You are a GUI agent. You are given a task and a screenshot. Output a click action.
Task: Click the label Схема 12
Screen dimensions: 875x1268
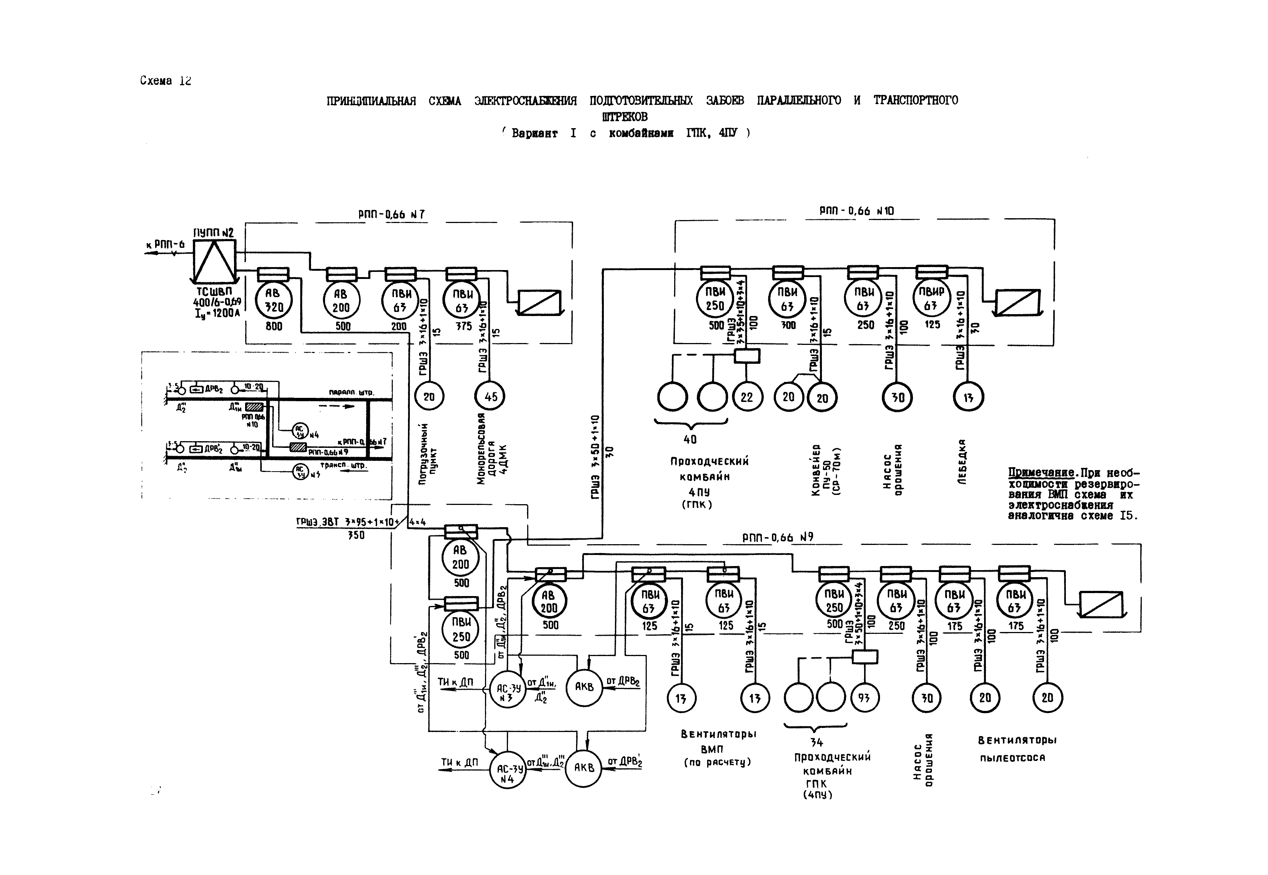pyautogui.click(x=165, y=81)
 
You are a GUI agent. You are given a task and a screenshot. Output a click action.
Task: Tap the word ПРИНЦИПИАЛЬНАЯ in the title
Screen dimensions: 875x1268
pyautogui.click(x=371, y=101)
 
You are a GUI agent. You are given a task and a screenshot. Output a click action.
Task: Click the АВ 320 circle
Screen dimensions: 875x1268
pyautogui.click(x=274, y=300)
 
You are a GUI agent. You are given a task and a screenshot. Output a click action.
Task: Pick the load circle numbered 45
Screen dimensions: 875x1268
pyautogui.click(x=489, y=396)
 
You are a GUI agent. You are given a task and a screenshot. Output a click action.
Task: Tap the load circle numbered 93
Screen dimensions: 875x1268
pyautogui.click(x=864, y=698)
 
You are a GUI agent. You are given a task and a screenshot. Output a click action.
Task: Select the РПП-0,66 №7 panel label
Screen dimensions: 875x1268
pyautogui.click(x=391, y=214)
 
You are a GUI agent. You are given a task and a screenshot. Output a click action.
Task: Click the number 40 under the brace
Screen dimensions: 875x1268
pyautogui.click(x=690, y=439)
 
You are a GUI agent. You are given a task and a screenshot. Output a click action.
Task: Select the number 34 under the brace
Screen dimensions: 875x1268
pyautogui.click(x=816, y=742)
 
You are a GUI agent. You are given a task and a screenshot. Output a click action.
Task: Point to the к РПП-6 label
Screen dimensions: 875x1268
pyautogui.click(x=165, y=244)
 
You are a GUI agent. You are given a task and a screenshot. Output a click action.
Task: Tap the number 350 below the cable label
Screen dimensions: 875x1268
pyautogui.click(x=356, y=535)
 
